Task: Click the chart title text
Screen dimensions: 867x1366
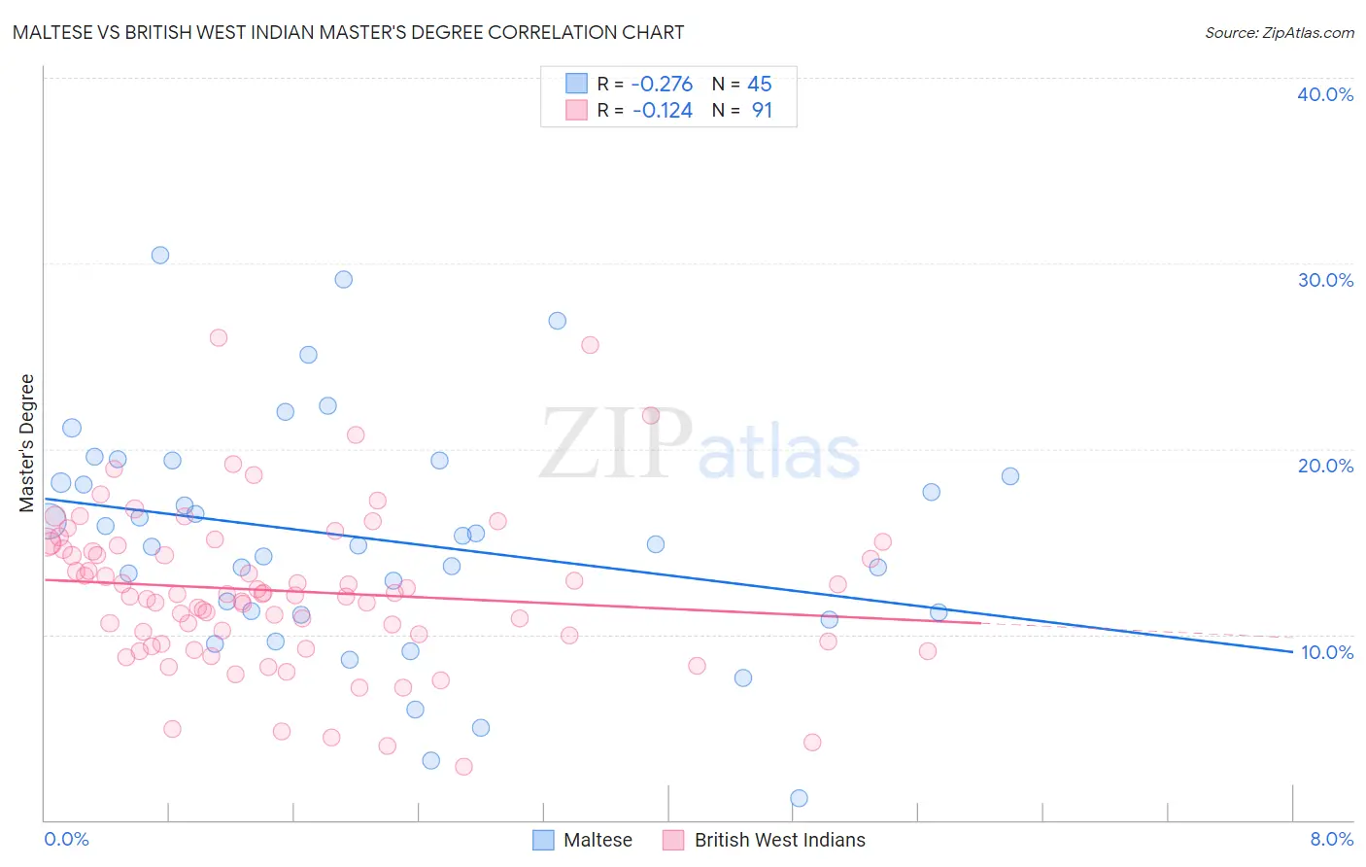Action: click(x=348, y=32)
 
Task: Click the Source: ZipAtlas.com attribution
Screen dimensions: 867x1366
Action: click(x=1279, y=32)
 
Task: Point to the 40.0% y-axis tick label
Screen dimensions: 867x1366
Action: click(x=1324, y=94)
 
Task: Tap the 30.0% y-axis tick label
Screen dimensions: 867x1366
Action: click(x=1324, y=280)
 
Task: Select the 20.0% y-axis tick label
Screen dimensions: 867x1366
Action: click(x=1324, y=466)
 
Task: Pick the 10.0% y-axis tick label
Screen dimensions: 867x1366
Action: click(x=1326, y=652)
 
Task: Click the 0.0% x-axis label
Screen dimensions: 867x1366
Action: click(x=66, y=839)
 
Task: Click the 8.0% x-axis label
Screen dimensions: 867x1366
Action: click(x=1331, y=839)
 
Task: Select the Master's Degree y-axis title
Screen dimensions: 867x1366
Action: click(x=27, y=443)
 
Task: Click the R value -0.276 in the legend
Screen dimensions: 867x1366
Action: click(x=663, y=85)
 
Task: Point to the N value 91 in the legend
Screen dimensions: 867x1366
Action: click(x=762, y=111)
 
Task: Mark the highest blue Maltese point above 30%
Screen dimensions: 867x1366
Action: click(x=160, y=255)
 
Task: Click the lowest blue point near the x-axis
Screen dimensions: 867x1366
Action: click(x=799, y=798)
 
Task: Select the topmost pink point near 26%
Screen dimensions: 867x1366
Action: click(x=219, y=337)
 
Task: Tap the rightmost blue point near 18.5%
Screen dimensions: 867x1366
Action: click(x=1010, y=476)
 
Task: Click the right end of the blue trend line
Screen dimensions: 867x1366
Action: click(x=1292, y=651)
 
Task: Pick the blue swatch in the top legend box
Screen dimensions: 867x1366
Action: click(x=577, y=84)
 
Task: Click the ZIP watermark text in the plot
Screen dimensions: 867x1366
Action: click(x=617, y=445)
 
